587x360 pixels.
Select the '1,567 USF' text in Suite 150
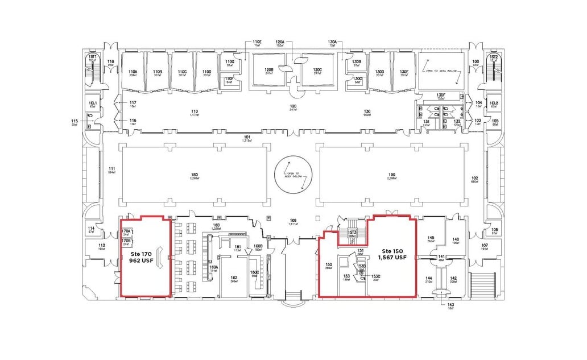click(x=394, y=258)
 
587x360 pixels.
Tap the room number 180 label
click(x=195, y=175)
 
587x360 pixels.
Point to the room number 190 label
click(x=391, y=175)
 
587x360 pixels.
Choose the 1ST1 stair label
click(x=92, y=57)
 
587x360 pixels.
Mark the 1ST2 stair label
click(x=494, y=57)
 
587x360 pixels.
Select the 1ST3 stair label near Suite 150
click(x=352, y=232)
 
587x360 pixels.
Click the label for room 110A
click(x=133, y=71)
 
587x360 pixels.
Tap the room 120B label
click(x=269, y=69)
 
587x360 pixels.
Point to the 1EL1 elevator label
click(x=93, y=103)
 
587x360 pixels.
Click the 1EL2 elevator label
click(x=494, y=103)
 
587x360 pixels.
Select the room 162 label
click(x=234, y=278)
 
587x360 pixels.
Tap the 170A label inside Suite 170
click(x=126, y=231)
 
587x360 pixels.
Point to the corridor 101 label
click(x=247, y=137)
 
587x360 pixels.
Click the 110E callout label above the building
click(x=257, y=42)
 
